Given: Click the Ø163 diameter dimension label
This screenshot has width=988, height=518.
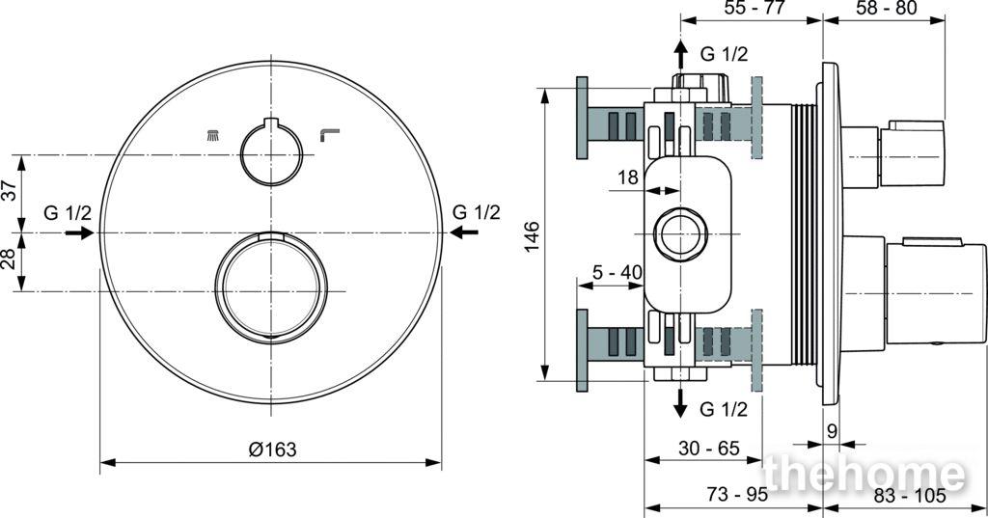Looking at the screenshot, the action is click(272, 450).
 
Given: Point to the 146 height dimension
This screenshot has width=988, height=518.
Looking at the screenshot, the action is click(533, 236).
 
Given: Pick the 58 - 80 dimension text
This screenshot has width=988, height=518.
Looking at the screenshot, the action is click(887, 8).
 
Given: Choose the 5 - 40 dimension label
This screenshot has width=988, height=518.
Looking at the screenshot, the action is click(617, 272).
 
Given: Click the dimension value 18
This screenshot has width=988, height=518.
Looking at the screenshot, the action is click(628, 177).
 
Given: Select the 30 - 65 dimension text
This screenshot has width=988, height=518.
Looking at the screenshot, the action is click(709, 448).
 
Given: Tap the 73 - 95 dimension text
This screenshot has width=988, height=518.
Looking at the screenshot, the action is click(737, 495).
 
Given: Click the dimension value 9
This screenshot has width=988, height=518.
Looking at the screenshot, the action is click(832, 432).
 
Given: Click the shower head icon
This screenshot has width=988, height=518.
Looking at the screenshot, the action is click(213, 134).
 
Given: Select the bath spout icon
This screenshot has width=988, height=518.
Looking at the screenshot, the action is click(330, 135).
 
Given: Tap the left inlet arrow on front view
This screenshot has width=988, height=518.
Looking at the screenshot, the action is click(79, 233).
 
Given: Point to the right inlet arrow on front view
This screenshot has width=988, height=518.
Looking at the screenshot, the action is click(464, 233).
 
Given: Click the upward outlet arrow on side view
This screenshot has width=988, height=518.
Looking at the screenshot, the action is click(680, 54).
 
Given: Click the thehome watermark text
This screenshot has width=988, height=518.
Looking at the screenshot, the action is click(864, 473).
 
